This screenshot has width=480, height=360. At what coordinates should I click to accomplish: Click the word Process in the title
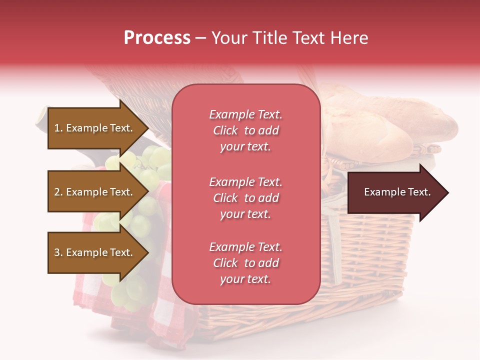[x=157, y=38]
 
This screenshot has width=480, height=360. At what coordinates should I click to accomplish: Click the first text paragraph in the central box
[x=245, y=130]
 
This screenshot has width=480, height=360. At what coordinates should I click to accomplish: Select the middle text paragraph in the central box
[x=245, y=198]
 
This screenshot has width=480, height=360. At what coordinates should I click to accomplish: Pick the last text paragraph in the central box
[x=245, y=263]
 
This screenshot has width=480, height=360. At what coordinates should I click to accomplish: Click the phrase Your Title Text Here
[x=289, y=38]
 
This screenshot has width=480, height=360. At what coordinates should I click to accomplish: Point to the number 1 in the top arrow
[x=57, y=128]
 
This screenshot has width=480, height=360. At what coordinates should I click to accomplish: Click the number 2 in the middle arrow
[x=57, y=192]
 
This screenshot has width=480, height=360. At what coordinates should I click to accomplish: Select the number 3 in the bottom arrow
[x=57, y=252]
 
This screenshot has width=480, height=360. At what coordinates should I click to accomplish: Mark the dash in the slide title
[x=200, y=38]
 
